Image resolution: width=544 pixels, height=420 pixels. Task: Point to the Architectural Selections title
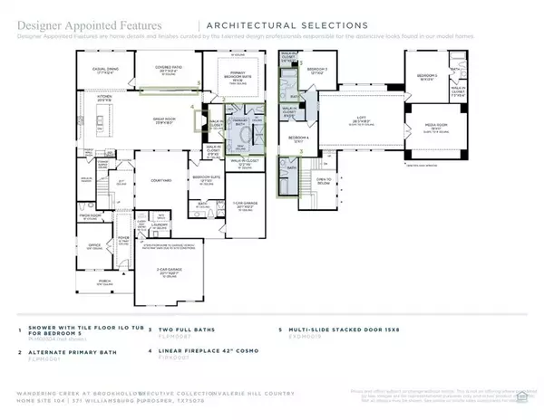[288, 24]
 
